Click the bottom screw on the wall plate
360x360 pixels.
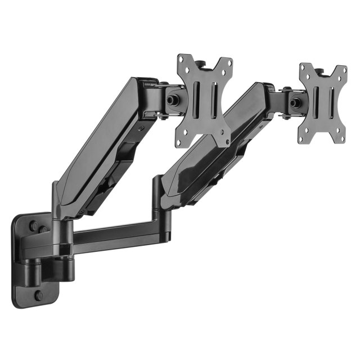tap(39, 295)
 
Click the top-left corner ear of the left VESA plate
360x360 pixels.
tap(183, 61)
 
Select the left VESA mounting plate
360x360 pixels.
tap(205, 100)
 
